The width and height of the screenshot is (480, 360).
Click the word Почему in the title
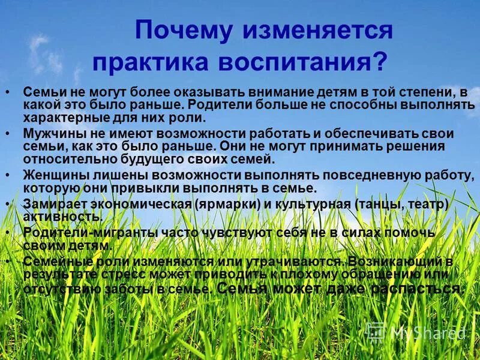pyautogui.click(x=184, y=31)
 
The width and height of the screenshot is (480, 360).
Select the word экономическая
pyautogui.click(x=142, y=204)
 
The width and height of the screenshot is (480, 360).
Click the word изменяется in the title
pyautogui.click(x=317, y=31)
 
